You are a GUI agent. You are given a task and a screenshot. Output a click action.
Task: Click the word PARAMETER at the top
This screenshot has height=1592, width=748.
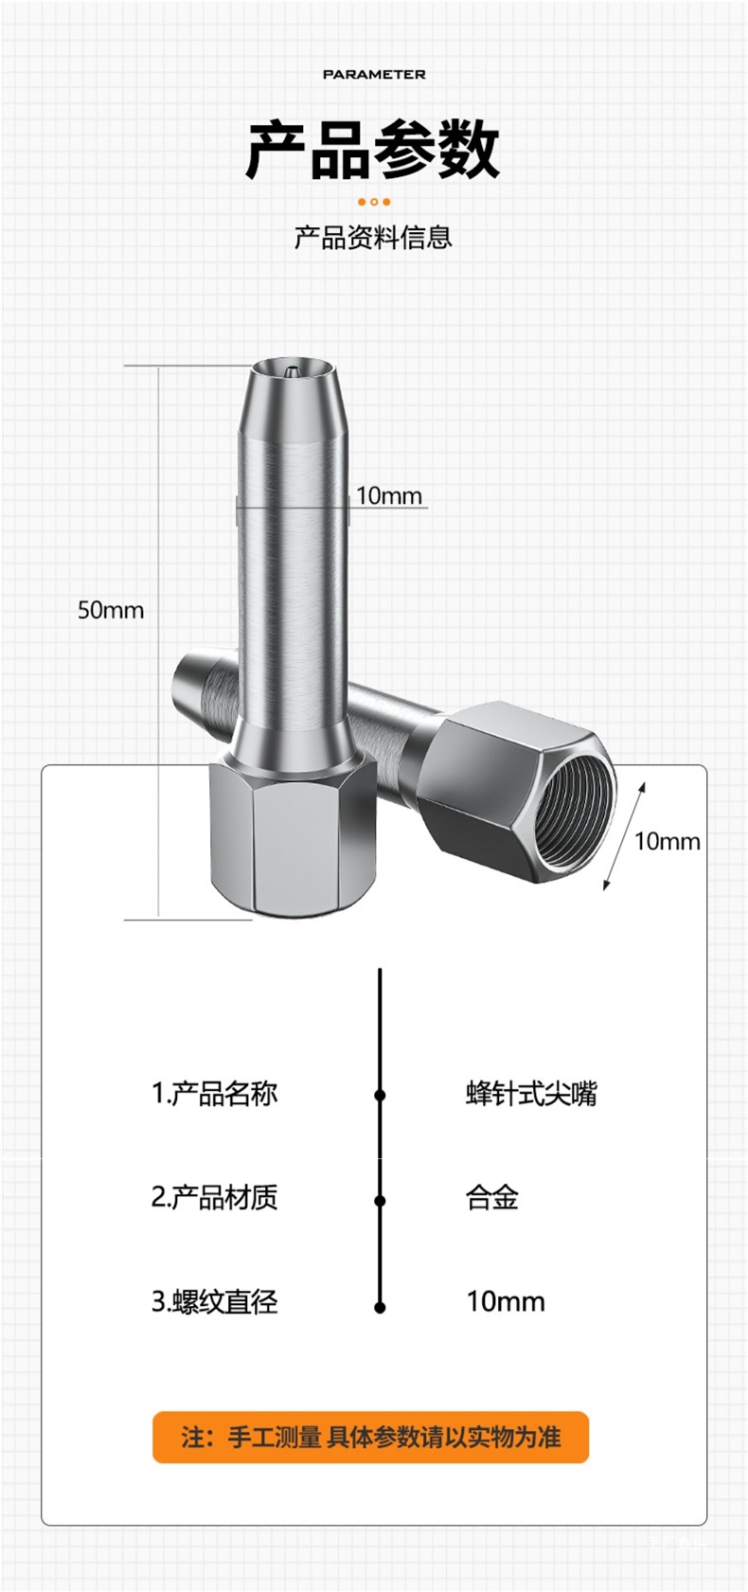(374, 74)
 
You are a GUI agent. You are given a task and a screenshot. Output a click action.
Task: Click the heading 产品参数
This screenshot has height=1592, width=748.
(373, 150)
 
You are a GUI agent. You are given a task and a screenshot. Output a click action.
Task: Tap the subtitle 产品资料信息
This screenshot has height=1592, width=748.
(373, 237)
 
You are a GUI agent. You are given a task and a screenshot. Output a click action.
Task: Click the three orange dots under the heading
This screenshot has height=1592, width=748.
(374, 202)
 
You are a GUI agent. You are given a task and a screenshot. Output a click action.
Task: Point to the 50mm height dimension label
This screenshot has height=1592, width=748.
(111, 610)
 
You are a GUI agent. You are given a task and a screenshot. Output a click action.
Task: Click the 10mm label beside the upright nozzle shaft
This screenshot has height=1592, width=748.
(389, 495)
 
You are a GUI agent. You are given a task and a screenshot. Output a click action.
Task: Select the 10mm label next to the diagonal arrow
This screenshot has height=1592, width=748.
(667, 841)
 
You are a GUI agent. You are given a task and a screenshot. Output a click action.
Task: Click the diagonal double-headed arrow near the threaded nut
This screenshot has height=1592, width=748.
(625, 836)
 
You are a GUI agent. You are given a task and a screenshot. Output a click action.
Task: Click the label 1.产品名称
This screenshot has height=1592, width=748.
(215, 1094)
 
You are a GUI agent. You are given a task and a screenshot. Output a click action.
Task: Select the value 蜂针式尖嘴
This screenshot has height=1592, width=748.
(531, 1094)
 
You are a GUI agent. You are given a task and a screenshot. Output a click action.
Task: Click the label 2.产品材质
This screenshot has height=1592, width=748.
(215, 1198)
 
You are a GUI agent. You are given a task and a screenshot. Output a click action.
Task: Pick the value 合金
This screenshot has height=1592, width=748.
(492, 1198)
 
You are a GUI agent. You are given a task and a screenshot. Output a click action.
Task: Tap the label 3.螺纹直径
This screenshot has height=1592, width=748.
(215, 1302)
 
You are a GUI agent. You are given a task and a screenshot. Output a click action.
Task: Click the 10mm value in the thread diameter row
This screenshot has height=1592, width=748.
(506, 1302)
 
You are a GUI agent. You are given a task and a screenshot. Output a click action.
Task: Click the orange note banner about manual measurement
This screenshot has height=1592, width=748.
(371, 1437)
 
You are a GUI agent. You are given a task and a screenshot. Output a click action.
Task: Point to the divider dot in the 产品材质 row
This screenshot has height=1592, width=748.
(380, 1200)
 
